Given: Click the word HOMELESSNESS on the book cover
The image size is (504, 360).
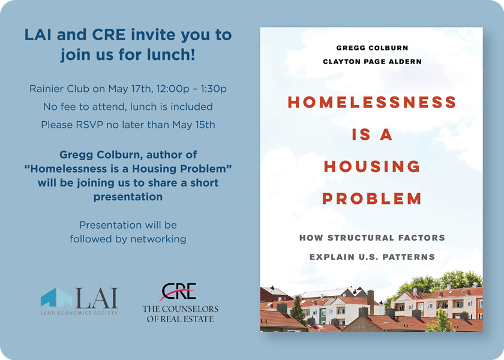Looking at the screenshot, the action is coord(372,102).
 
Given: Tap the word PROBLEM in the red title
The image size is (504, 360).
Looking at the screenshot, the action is coord(372,199).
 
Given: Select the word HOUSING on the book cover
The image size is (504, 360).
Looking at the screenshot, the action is coord(372,166).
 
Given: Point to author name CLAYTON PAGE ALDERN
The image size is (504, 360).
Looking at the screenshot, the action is coord(372,61).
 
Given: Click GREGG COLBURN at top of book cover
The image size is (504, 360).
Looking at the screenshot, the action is coord(372,48).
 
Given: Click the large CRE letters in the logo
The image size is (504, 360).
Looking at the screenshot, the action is coord(179,291).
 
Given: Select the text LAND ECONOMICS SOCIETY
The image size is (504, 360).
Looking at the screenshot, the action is coord(79,313).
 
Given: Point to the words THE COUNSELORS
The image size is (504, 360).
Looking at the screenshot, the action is coord(181,309).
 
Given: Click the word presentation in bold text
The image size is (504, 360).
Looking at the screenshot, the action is coord(128,197).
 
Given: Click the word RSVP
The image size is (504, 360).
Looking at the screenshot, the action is coord(89,125).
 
